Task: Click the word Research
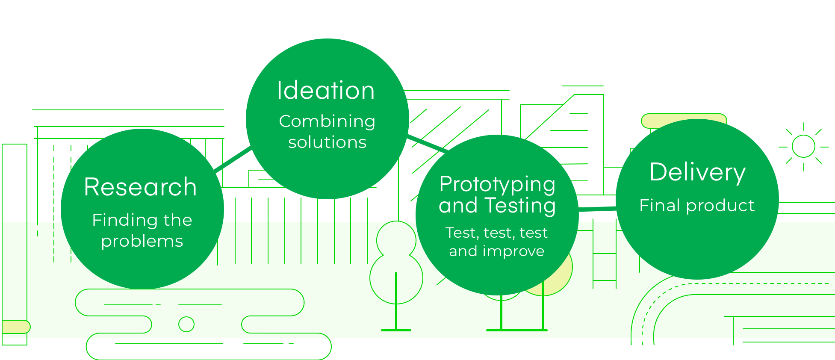140,187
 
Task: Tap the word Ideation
326,90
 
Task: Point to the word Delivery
697,172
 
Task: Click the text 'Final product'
697,206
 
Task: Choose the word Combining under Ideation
327,121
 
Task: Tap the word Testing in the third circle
520,206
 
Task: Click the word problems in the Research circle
142,242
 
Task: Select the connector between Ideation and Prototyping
428,143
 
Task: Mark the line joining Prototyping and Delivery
597,209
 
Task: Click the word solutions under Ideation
327,142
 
